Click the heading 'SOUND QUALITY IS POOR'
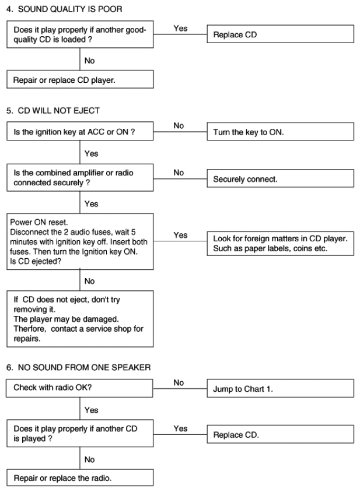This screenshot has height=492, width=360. click(x=70, y=9)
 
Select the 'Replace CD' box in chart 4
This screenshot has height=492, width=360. click(x=280, y=34)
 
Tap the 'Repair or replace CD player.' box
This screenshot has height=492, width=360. click(x=80, y=79)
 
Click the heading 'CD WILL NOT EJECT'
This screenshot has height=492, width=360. click(x=59, y=111)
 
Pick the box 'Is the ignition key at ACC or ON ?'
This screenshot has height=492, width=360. click(x=80, y=131)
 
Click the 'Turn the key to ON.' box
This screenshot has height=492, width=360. click(x=280, y=132)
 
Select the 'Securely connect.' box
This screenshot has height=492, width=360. click(x=280, y=178)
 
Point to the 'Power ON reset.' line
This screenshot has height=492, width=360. click(x=39, y=222)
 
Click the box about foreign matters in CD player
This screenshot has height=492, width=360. click(x=280, y=244)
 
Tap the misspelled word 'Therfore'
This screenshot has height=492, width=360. click(x=30, y=329)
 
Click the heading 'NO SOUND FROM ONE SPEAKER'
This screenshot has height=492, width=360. click(x=84, y=367)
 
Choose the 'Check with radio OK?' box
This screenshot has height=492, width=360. click(x=79, y=388)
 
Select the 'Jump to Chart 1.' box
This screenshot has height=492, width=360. click(x=280, y=388)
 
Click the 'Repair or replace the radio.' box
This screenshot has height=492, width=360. click(x=80, y=478)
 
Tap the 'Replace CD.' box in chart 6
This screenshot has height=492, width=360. click(x=280, y=434)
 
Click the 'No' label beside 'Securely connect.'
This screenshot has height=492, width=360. click(x=179, y=173)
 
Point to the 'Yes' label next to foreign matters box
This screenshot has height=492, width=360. click(x=180, y=235)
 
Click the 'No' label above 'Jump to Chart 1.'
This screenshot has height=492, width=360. click(x=179, y=383)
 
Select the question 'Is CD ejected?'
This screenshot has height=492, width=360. click(x=36, y=261)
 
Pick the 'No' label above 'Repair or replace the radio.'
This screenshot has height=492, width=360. click(x=89, y=460)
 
